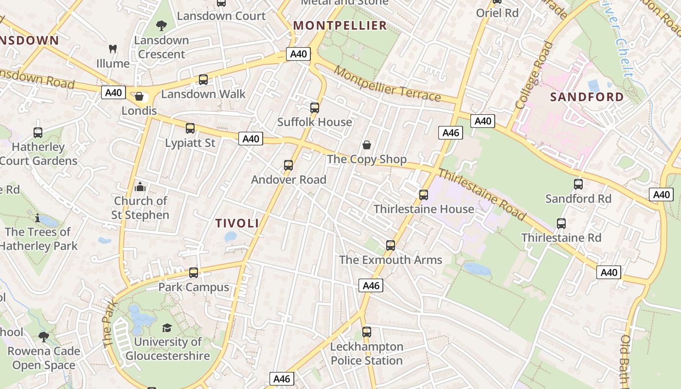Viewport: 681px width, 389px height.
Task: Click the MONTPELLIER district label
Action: (340, 25)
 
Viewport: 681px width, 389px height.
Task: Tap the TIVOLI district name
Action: (237, 223)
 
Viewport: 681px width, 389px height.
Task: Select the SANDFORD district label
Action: (587, 97)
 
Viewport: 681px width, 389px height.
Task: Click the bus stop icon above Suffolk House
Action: (315, 108)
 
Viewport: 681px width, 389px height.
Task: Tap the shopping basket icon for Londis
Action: (139, 97)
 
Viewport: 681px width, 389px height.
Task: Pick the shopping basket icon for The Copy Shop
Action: (367, 145)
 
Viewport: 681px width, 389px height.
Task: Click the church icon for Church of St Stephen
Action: (140, 187)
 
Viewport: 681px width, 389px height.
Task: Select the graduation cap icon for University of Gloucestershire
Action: (167, 328)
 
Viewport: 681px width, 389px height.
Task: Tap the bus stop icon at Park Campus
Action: (194, 273)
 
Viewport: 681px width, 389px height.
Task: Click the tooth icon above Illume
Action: (113, 49)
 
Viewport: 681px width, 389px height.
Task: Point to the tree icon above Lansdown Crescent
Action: (161, 26)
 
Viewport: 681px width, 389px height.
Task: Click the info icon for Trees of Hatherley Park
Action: (37, 218)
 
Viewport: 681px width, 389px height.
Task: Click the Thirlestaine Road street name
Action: (482, 194)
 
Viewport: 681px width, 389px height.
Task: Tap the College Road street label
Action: (534, 75)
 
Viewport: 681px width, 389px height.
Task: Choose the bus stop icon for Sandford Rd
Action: (578, 184)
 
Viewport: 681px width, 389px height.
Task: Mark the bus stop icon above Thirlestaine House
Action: (424, 195)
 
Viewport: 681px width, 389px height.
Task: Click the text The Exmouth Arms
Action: (391, 260)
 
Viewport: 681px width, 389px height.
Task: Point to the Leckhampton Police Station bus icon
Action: (367, 332)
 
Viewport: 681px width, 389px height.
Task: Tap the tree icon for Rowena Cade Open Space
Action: (44, 336)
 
